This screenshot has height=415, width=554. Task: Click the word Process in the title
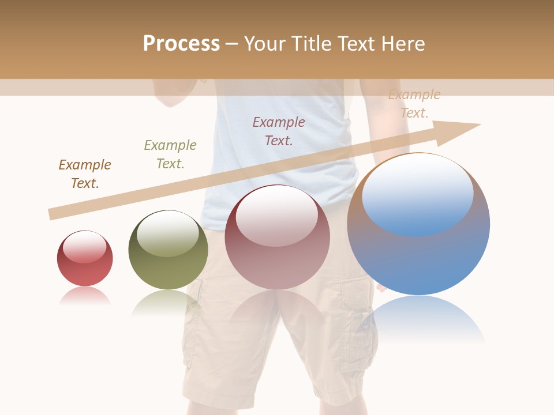pyautogui.click(x=181, y=44)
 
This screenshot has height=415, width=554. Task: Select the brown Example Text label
pyautogui.click(x=85, y=174)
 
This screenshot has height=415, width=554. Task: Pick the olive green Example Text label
pyautogui.click(x=170, y=154)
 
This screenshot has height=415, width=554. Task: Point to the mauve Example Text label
pyautogui.click(x=279, y=131)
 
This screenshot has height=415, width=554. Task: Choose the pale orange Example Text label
pyautogui.click(x=414, y=104)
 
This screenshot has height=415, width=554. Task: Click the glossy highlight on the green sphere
pyautogui.click(x=168, y=233)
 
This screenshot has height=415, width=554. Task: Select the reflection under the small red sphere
pyautogui.click(x=85, y=296)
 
